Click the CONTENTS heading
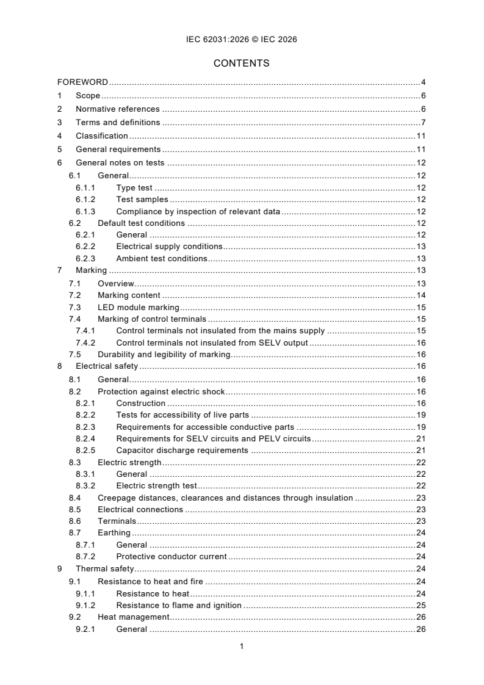pos(242,63)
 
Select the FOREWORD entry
pos(83,82)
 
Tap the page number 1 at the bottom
pos(242,646)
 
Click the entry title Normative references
pos(117,109)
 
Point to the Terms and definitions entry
pos(118,123)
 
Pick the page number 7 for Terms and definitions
pos(423,123)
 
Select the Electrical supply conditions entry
pos(169,246)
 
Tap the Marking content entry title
pos(129,295)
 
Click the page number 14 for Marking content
pos(421,295)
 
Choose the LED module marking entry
pos(138,307)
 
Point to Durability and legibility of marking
pos(164,355)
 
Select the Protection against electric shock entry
pos(161,391)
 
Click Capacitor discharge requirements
pos(182,451)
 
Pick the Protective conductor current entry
pos(171,557)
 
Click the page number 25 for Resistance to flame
pos(421,606)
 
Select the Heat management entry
pos(133,617)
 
